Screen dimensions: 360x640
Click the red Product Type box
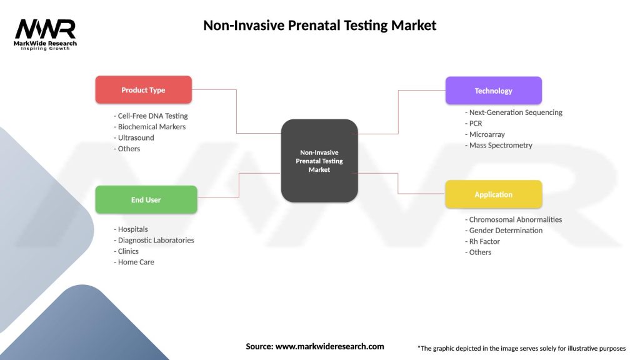coord(143,90)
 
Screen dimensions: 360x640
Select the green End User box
coord(146,200)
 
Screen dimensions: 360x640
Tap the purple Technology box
coord(493,91)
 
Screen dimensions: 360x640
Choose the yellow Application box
coord(493,194)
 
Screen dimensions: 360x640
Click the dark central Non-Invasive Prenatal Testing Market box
coord(319,161)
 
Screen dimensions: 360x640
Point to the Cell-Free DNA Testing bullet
coord(152,116)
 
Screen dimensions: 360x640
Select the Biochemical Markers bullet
coord(151,127)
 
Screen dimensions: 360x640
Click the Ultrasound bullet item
coord(135,137)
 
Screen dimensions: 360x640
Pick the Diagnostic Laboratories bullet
coord(155,240)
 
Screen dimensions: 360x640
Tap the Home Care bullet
coord(135,262)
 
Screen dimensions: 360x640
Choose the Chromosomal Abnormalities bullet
coord(514,219)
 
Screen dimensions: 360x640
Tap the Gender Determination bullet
coord(505,230)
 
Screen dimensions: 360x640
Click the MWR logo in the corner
coord(46,33)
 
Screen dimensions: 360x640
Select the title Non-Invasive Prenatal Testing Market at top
coord(319,26)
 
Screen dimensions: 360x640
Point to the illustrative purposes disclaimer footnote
coord(521,348)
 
